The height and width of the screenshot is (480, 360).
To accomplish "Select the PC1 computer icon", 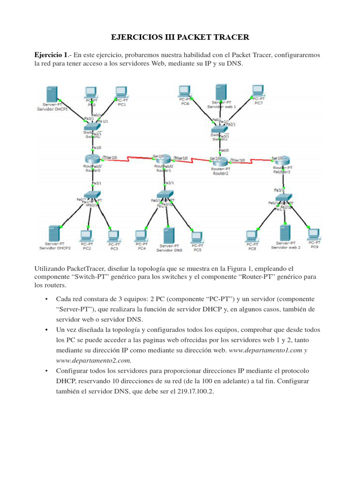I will [x=121, y=92].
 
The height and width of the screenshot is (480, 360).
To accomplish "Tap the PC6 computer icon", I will [x=184, y=91].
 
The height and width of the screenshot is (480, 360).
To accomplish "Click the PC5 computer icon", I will [x=197, y=236].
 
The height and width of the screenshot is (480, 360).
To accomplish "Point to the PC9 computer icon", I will [x=313, y=233].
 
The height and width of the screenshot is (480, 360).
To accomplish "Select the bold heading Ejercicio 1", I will [x=51, y=55].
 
